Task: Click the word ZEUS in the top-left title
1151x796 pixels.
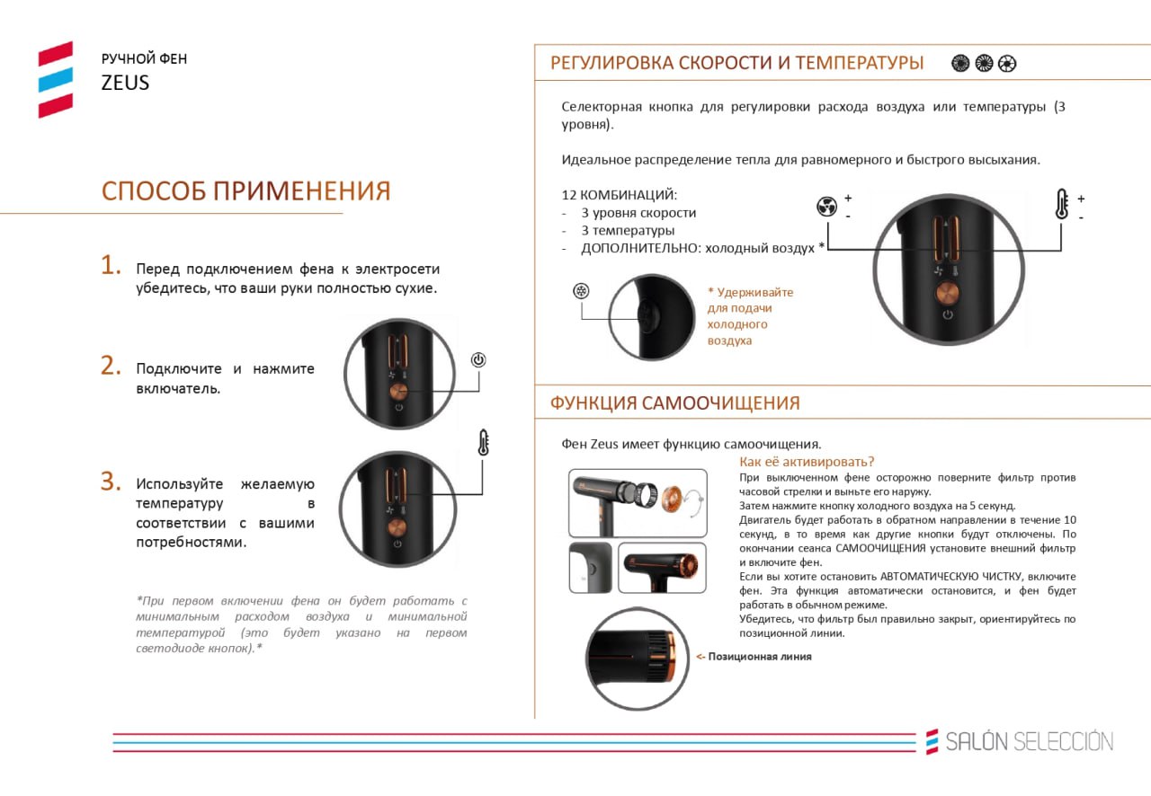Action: point(125,83)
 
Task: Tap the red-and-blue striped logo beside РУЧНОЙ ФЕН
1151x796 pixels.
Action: point(56,80)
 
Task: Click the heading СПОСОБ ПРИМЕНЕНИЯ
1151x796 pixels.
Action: point(246,190)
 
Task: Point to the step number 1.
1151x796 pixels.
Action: point(110,265)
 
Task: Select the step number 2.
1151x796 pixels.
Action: point(111,366)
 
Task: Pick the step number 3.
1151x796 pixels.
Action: point(111,482)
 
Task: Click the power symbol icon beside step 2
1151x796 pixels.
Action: point(478,359)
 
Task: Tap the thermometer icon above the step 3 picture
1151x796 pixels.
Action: point(483,443)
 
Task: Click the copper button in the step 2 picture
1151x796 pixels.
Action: point(398,392)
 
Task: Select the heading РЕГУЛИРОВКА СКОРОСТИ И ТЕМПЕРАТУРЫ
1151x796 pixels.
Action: point(736,63)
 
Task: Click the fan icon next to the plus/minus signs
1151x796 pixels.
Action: point(826,207)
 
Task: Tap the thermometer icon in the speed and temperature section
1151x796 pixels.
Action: point(1062,205)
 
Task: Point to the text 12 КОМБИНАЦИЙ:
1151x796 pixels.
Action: point(620,195)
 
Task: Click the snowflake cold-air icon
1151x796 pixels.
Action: point(581,291)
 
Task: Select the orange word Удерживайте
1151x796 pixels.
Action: point(754,292)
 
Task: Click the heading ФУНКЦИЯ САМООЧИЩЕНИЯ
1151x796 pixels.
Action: point(674,403)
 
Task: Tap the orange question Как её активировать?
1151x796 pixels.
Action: point(807,462)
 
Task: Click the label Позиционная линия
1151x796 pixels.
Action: point(760,657)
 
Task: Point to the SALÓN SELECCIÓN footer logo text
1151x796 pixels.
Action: point(1030,741)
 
